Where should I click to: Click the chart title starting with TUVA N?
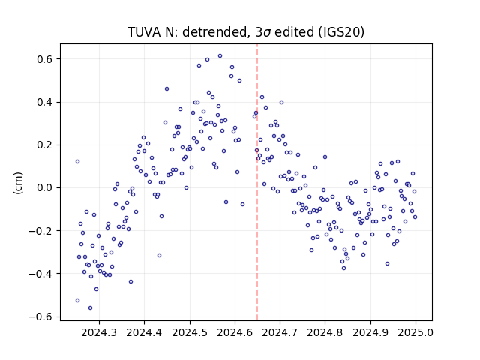246,32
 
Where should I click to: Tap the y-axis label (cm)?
18,183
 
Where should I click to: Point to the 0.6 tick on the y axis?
45,59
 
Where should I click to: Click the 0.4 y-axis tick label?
45,102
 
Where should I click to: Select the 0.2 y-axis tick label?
45,145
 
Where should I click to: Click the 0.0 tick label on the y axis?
45,188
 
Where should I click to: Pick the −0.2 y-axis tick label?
41,231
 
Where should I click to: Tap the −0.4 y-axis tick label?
41,274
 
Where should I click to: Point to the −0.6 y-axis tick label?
41,316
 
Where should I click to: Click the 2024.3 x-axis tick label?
99,332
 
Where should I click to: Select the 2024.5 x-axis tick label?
190,332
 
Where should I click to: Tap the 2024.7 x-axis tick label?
280,332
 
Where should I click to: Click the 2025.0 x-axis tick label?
415,332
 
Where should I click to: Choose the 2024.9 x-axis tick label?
370,332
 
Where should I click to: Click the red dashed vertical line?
257,182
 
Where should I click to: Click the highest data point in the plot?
220,56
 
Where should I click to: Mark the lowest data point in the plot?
90,308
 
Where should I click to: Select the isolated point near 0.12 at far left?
78,162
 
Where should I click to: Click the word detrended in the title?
214,32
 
